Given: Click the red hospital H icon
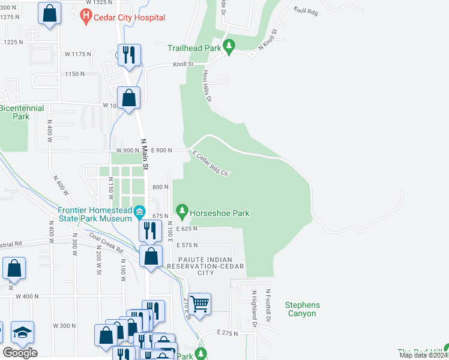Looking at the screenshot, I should click(x=86, y=17).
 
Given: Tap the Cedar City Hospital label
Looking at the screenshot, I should click(x=129, y=17).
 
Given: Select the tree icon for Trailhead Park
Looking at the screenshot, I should click(x=228, y=45).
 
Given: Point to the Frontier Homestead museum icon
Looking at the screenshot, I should click(x=139, y=211).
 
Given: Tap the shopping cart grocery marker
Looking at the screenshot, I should click(x=199, y=302).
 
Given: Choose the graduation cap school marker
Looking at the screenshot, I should click(x=22, y=332).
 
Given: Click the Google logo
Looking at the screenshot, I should click(x=20, y=353).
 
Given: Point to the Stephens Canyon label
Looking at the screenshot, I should click(x=302, y=309).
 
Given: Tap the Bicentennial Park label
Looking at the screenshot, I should click(x=14, y=112).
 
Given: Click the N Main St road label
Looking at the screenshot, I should click(x=145, y=154).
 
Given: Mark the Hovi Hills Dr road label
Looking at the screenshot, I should click(x=208, y=86).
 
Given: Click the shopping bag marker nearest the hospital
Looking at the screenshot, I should click(x=49, y=12).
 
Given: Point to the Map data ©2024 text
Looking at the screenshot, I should click(x=423, y=355).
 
